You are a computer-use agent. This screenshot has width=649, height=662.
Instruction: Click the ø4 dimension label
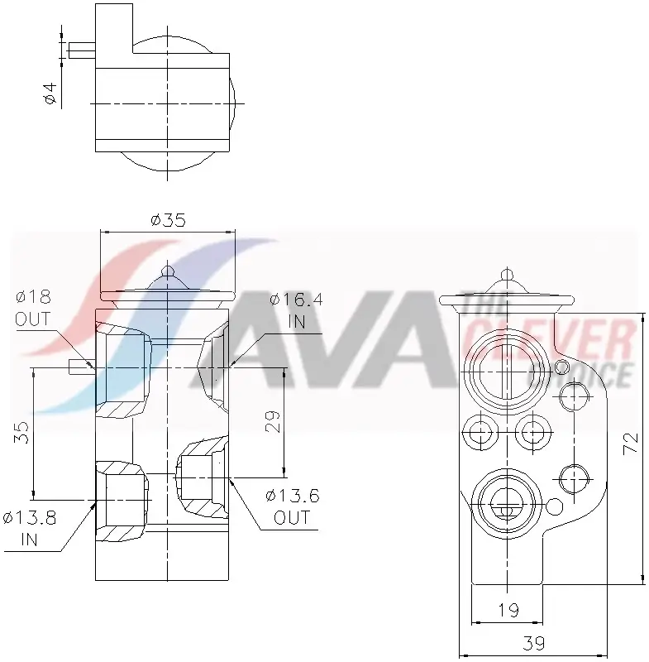(50, 93)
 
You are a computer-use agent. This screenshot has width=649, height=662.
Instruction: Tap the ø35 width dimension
(168, 220)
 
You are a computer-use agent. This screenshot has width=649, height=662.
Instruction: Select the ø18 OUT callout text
(33, 308)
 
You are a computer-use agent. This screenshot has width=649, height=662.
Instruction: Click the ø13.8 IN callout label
(29, 529)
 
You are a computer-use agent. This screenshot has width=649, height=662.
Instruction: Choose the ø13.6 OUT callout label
(292, 506)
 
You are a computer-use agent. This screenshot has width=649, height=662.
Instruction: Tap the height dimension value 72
(631, 442)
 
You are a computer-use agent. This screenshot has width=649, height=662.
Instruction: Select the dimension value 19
(508, 610)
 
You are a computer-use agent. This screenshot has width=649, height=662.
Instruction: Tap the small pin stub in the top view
(81, 50)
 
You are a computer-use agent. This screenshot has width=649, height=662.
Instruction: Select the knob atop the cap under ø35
(168, 271)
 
